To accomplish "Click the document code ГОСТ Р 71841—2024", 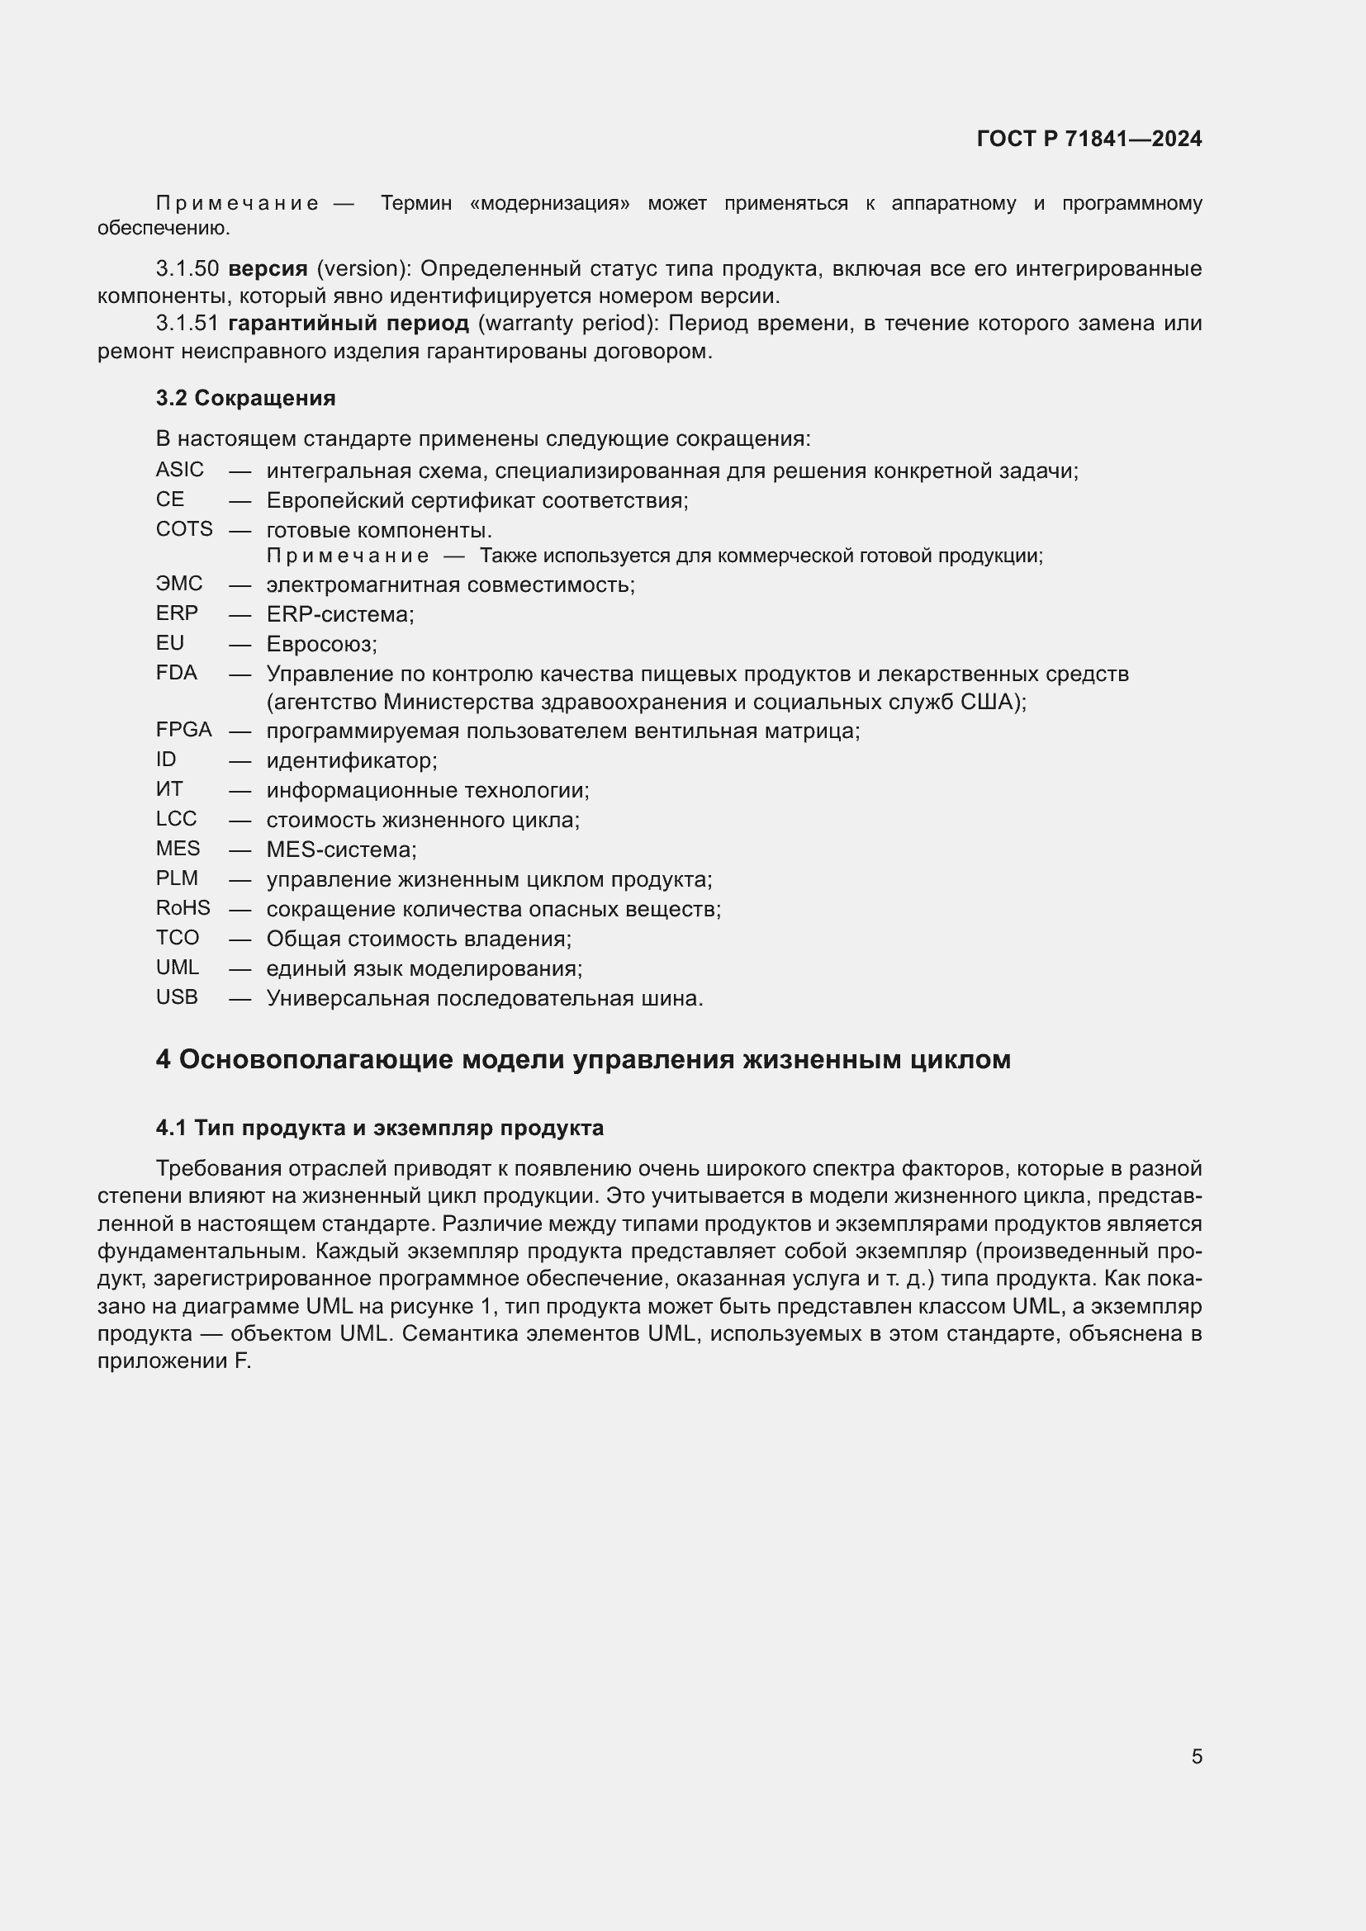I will click(1089, 139).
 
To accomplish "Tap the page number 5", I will click(1196, 1756).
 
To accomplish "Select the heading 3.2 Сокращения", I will click(245, 398).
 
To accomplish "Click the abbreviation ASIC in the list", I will click(179, 469).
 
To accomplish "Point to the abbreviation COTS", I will click(184, 529).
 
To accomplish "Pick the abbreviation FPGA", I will click(183, 729).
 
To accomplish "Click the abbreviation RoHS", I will click(183, 907).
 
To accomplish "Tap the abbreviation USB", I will click(177, 996).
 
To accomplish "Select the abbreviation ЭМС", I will click(179, 583).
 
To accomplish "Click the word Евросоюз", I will click(321, 644).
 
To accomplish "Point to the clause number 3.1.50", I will click(187, 269).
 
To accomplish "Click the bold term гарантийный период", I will click(349, 323).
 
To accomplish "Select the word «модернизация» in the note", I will click(549, 204).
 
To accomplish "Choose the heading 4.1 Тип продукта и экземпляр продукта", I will click(379, 1128).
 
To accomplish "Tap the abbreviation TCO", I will click(177, 937).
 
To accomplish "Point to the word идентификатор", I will click(351, 761).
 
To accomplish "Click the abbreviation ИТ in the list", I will click(169, 789).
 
